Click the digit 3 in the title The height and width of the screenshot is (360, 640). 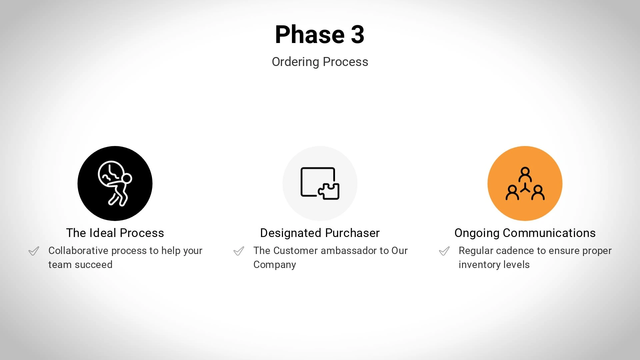pos(358,34)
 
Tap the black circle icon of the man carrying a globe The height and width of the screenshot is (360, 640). pos(115,183)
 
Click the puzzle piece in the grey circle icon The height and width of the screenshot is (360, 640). pos(329,191)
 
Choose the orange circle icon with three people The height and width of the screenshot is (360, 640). pos(525,183)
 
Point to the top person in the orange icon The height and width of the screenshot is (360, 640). pos(525,174)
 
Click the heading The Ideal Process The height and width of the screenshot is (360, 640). pos(115,233)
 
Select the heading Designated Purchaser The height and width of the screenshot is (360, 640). pos(320,233)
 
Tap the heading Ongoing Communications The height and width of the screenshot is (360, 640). pos(525,233)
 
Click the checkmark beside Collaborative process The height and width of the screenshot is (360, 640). pos(34,251)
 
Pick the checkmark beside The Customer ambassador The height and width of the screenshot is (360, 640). pos(239,251)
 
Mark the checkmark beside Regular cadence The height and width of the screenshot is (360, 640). pos(444,251)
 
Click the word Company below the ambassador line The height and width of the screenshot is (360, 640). pos(275,265)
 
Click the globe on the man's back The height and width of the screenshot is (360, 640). pos(111,173)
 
